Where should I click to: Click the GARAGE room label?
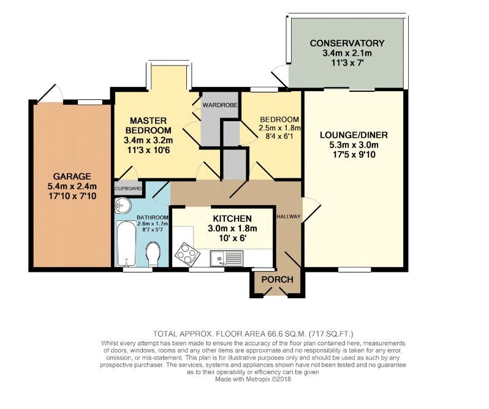(x=72, y=176)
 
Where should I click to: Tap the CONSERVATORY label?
(x=347, y=43)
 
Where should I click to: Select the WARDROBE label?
(x=220, y=105)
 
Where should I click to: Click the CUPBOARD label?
(x=128, y=189)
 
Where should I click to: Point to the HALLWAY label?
(x=289, y=217)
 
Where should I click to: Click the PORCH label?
(x=277, y=279)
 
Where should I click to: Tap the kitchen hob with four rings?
(x=188, y=252)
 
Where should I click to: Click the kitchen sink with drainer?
(x=227, y=258)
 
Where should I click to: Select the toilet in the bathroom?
(x=153, y=254)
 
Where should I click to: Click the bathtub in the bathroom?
(x=126, y=244)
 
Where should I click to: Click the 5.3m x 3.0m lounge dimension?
(x=354, y=145)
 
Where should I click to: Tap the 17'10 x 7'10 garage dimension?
(x=72, y=197)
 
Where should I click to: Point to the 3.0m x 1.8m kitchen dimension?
(x=232, y=228)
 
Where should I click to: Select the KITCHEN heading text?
(x=232, y=219)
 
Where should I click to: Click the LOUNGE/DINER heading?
(x=354, y=135)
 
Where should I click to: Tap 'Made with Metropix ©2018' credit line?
(x=253, y=380)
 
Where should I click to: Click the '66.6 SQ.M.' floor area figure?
(x=286, y=334)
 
